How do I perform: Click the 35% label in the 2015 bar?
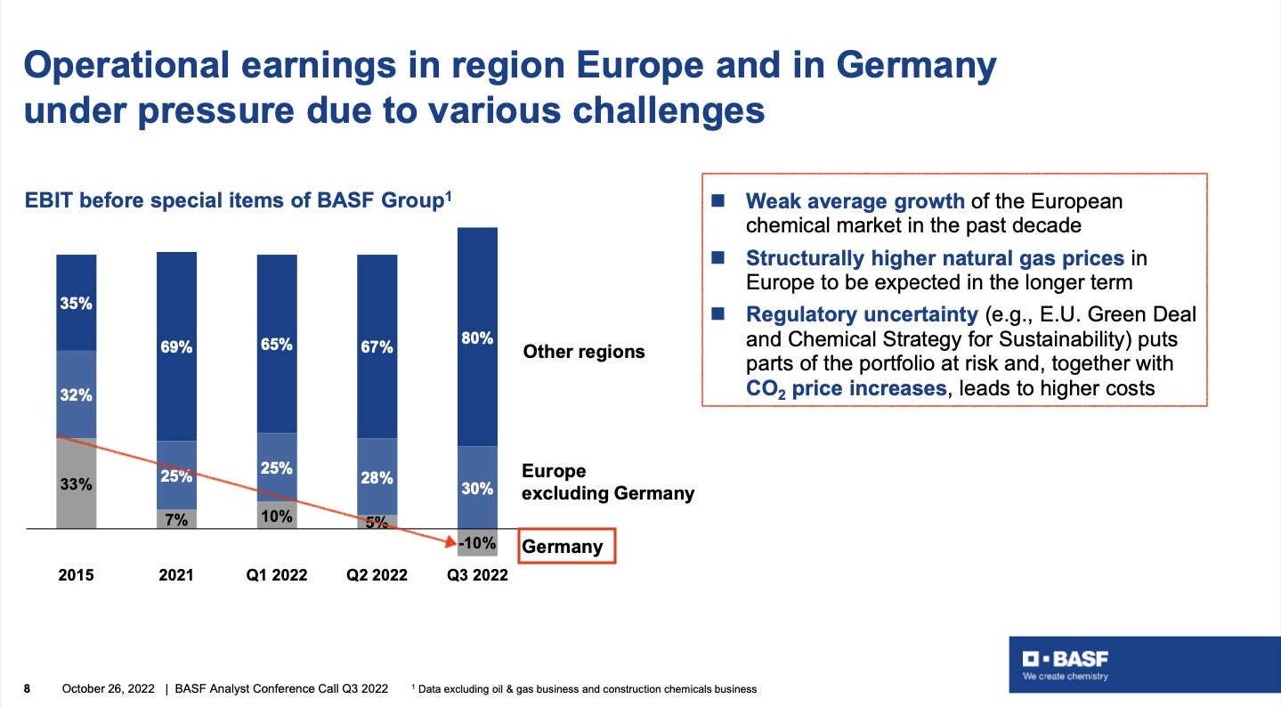(76, 303)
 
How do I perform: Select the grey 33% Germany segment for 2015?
(76, 484)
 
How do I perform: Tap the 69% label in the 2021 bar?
(176, 347)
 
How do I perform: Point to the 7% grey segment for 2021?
(177, 519)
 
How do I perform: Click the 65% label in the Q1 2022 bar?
(277, 345)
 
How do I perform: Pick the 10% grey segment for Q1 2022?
(277, 516)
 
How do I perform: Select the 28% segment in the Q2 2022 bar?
(377, 476)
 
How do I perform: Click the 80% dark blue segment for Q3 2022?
(477, 337)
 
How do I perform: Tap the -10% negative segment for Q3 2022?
(477, 542)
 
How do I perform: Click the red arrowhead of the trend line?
(450, 541)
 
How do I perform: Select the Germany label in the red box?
(562, 546)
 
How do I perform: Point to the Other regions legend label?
(584, 351)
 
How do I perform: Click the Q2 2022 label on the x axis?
(377, 575)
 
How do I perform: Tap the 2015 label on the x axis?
(76, 575)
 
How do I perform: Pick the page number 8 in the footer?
(27, 688)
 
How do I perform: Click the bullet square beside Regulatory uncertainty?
(718, 313)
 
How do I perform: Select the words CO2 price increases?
(847, 389)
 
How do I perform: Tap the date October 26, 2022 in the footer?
(108, 688)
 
